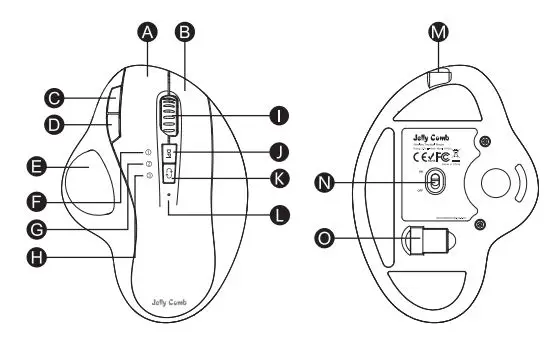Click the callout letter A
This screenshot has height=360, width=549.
(x=148, y=32)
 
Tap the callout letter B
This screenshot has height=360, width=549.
(x=184, y=32)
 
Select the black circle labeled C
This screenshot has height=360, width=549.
(x=56, y=98)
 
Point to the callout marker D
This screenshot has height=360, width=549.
(x=56, y=126)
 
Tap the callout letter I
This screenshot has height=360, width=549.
(x=277, y=116)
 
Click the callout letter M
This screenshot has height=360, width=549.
(x=437, y=32)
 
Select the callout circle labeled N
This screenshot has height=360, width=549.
(x=323, y=181)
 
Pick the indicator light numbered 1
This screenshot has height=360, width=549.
(x=148, y=153)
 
